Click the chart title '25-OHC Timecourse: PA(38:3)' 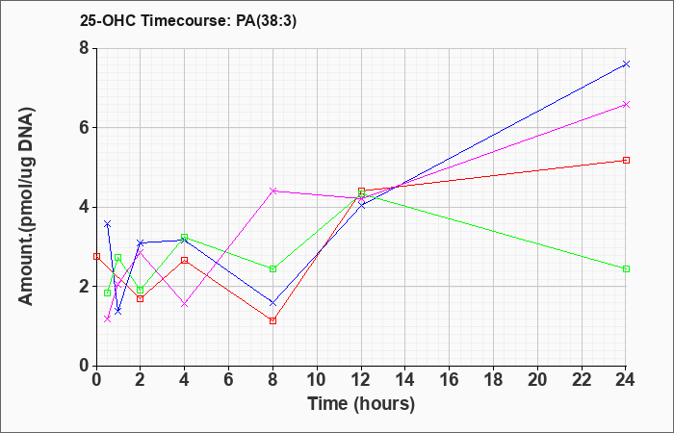tap(188, 21)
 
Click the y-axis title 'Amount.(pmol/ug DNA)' tap(27, 207)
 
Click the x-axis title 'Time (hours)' tap(361, 404)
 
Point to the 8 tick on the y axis tap(85, 48)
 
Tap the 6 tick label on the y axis tap(85, 128)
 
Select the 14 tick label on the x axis tap(405, 379)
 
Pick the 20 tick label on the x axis tap(537, 379)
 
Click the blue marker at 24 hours tap(626, 64)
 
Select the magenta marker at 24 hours tap(626, 104)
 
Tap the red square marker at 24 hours tap(626, 161)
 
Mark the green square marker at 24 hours tap(626, 268)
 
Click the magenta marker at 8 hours tap(272, 191)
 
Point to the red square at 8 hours tap(272, 320)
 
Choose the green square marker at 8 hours tap(272, 268)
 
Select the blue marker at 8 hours tap(272, 303)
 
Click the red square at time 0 tap(96, 257)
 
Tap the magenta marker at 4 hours tap(185, 304)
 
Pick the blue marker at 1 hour tap(118, 311)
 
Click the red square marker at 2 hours tap(141, 298)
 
